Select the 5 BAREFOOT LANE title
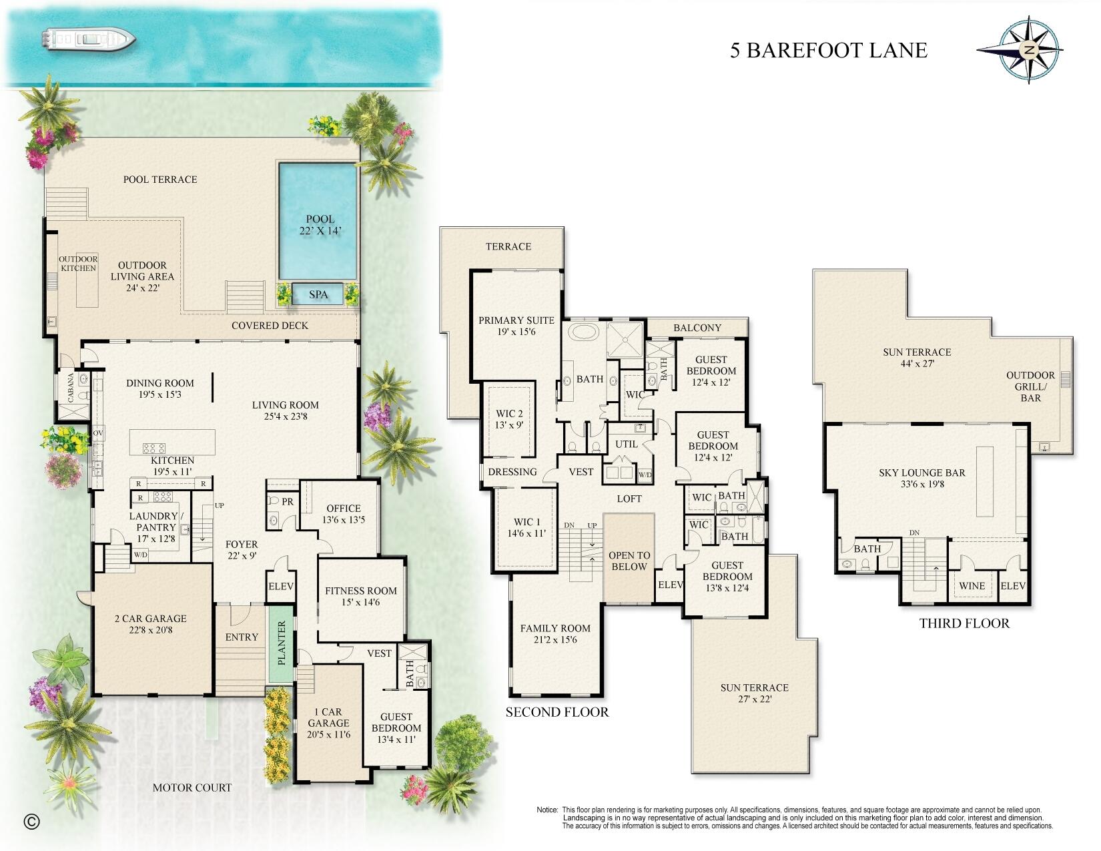[x=828, y=51]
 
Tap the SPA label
[x=318, y=294]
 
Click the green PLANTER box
[x=281, y=643]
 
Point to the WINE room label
[x=972, y=586]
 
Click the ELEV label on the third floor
[x=1013, y=586]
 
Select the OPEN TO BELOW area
[x=629, y=561]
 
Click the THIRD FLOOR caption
[x=964, y=623]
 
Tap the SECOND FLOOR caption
[x=557, y=712]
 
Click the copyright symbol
[x=31, y=821]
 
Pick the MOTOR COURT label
[x=192, y=788]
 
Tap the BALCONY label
[x=697, y=328]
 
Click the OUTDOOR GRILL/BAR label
[x=1030, y=386]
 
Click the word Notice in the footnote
[x=547, y=810]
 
